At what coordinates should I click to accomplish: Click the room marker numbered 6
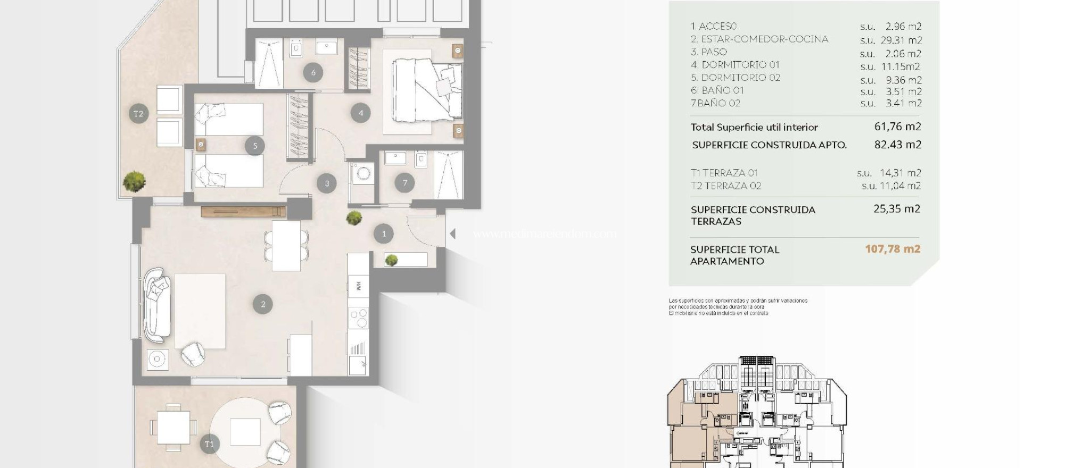pyautogui.click(x=313, y=72)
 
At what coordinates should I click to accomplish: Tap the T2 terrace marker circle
pyautogui.click(x=138, y=113)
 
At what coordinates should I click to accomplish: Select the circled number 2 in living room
pyautogui.click(x=263, y=304)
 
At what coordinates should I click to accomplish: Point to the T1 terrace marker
pyautogui.click(x=209, y=444)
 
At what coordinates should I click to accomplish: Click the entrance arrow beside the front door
pyautogui.click(x=452, y=233)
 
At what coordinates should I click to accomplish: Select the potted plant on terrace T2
pyautogui.click(x=134, y=181)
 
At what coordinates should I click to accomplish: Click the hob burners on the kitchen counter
pyautogui.click(x=358, y=318)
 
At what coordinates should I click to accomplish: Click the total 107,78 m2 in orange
pyautogui.click(x=893, y=249)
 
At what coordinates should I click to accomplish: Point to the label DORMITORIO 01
pyautogui.click(x=735, y=65)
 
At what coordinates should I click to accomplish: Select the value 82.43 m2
pyautogui.click(x=897, y=145)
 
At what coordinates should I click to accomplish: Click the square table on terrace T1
pyautogui.click(x=174, y=427)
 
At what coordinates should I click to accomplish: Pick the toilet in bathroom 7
pyautogui.click(x=421, y=160)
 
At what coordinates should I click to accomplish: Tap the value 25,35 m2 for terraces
pyautogui.click(x=896, y=209)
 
